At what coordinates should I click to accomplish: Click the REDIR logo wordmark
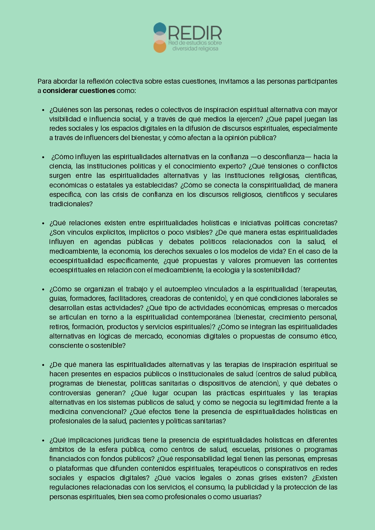(195, 33)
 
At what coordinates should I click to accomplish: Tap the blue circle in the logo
(160, 28)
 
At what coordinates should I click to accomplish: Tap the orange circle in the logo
(160, 47)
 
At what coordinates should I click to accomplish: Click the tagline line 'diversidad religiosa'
(195, 49)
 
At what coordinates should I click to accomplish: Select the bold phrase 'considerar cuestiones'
(79, 91)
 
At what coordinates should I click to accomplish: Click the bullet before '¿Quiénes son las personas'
(44, 110)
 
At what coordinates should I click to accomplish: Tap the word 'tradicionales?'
(71, 204)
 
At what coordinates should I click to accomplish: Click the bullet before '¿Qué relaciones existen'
(44, 223)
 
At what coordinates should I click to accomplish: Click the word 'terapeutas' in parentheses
(320, 289)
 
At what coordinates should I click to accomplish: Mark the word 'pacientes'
(144, 421)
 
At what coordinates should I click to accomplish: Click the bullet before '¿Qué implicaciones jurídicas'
(44, 440)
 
